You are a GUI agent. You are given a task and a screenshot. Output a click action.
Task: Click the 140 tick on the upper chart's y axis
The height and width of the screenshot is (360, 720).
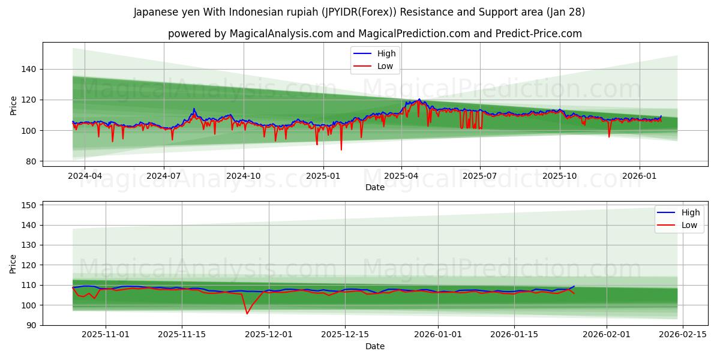click(28, 69)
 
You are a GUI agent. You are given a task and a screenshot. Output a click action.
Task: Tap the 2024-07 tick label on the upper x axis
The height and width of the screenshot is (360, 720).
click(164, 176)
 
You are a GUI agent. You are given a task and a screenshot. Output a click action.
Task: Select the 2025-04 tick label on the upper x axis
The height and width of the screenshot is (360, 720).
click(401, 176)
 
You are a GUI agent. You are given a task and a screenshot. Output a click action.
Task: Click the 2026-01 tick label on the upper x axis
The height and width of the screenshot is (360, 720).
click(639, 176)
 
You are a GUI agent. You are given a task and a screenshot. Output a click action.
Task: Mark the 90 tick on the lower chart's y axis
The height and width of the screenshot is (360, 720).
click(31, 325)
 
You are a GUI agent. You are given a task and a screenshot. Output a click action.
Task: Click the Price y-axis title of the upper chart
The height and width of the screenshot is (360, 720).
click(14, 106)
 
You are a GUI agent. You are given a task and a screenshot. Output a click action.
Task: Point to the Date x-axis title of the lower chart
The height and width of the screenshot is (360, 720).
click(375, 346)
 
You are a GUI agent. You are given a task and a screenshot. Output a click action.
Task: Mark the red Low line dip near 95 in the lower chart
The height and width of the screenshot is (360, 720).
click(247, 313)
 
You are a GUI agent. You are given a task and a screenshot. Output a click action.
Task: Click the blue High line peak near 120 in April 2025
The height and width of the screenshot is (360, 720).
click(419, 99)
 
